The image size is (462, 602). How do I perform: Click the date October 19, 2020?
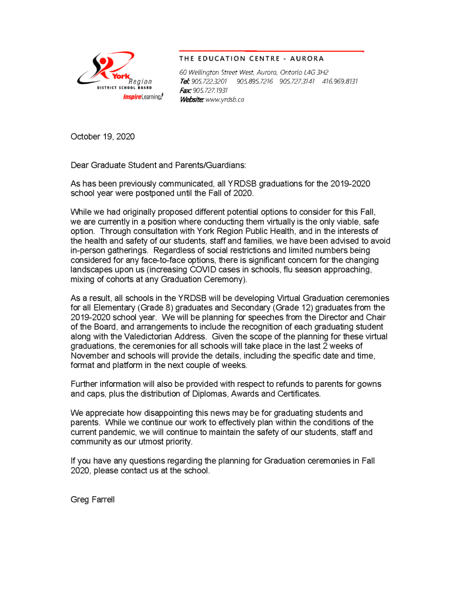point(102,137)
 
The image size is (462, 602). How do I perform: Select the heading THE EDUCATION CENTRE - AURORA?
point(251,59)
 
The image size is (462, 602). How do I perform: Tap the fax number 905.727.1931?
point(210,91)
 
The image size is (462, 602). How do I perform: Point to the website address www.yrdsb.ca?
point(225,99)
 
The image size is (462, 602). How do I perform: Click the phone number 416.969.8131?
point(340,81)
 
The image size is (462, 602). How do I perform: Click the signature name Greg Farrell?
point(92,500)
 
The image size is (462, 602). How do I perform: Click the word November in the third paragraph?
point(91,356)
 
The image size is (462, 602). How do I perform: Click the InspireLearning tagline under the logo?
point(143,96)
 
